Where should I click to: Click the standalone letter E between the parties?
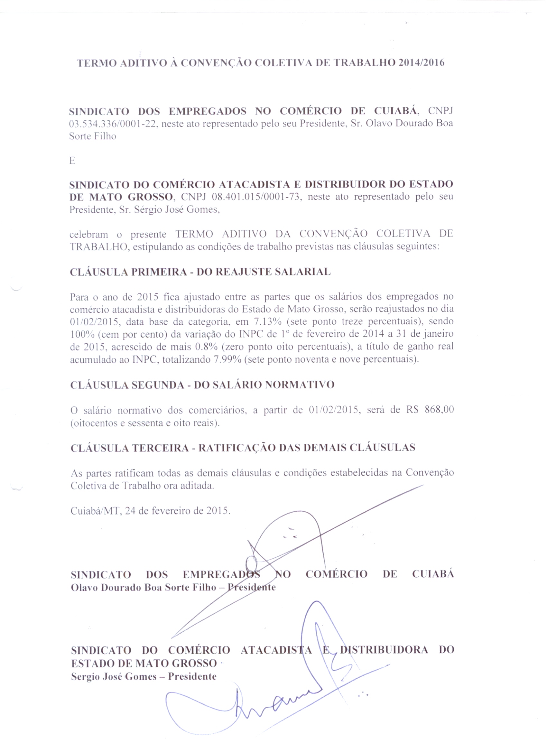click(72, 161)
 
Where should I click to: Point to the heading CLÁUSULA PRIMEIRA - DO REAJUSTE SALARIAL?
click(200, 272)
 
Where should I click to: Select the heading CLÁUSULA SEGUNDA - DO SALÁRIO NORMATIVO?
click(202, 385)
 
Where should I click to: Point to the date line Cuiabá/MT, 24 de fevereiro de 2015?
click(150, 511)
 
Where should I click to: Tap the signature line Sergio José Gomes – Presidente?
click(144, 677)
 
